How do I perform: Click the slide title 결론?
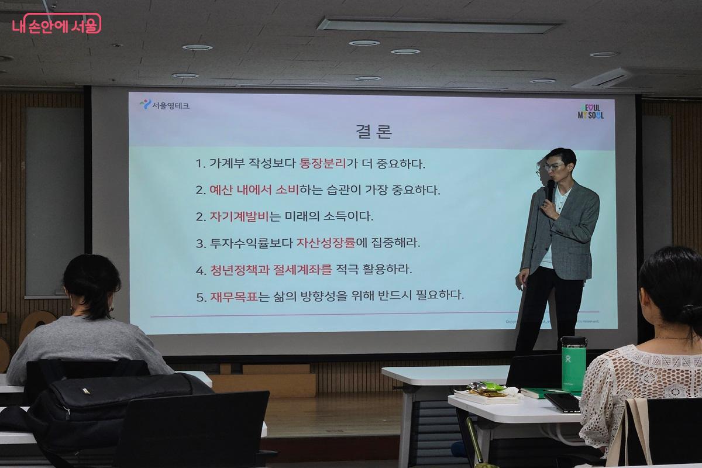point(374,130)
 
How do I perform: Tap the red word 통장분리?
point(320,164)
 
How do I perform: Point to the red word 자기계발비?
point(239,216)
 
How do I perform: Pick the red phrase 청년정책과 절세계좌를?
point(271,270)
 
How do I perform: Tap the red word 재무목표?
point(234,296)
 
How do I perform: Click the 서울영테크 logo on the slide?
point(164,105)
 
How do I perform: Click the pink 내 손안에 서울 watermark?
point(56,24)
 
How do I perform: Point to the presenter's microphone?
point(550,190)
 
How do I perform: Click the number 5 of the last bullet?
point(200,297)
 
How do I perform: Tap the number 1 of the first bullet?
point(199,164)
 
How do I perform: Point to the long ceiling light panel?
point(438,26)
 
